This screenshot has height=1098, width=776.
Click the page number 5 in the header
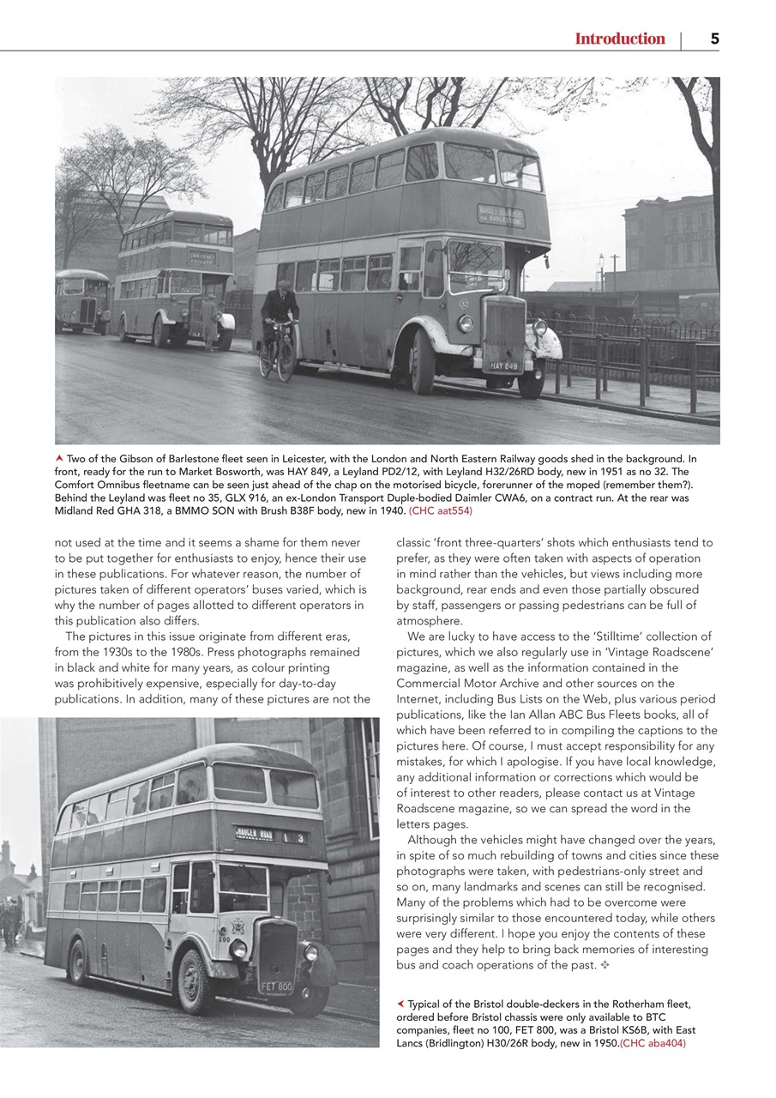click(714, 39)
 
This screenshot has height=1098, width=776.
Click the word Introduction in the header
click(619, 39)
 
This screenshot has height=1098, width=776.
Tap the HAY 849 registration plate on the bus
click(505, 366)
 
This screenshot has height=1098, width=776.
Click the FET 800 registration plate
click(277, 986)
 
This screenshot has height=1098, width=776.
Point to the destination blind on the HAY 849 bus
click(502, 214)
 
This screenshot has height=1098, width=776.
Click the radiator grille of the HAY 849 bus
click(504, 329)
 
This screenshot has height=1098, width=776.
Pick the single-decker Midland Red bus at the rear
click(82, 301)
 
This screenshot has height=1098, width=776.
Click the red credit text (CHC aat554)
click(441, 510)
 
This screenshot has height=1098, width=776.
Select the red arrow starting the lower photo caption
click(400, 1004)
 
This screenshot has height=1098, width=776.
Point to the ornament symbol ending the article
click(604, 965)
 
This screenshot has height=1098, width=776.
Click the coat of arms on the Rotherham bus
click(237, 926)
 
